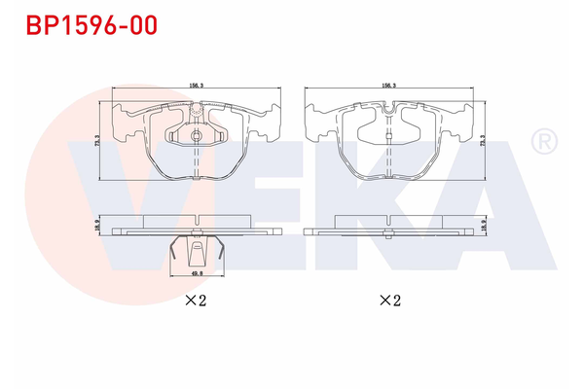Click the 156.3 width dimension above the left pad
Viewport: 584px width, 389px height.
pos(196,85)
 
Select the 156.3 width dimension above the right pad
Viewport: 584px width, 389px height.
pos(393,85)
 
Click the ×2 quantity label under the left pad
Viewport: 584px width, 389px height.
pos(196,301)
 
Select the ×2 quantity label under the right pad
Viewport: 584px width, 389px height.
pos(390,301)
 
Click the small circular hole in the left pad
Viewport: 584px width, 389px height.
pos(196,109)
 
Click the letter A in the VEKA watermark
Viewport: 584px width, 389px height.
pos(487,209)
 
